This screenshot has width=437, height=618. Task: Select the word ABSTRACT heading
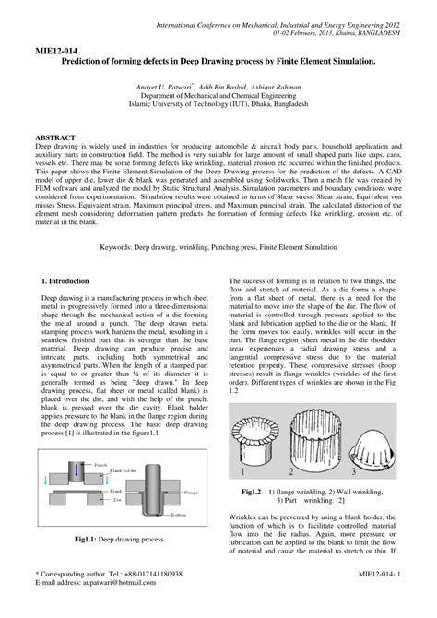(x=58, y=136)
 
